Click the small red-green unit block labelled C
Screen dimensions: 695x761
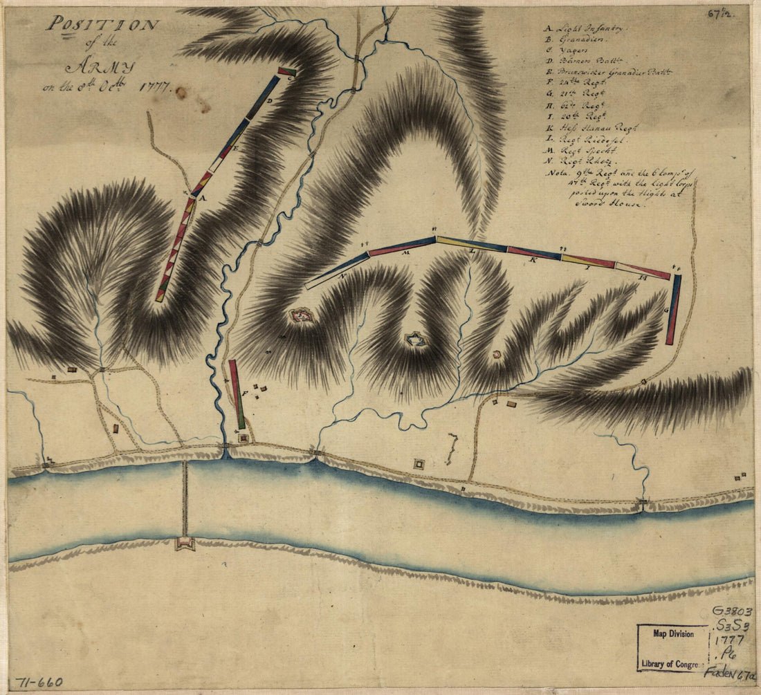(x=287, y=71)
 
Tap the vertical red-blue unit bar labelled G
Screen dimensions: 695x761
(x=673, y=309)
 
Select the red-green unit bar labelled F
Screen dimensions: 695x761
(x=237, y=394)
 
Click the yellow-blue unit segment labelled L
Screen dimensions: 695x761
(x=472, y=244)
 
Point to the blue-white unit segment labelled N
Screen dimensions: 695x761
(x=337, y=270)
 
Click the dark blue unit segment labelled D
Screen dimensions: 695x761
(x=264, y=97)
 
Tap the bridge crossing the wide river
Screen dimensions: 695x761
(x=185, y=498)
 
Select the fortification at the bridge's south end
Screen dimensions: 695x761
(x=185, y=544)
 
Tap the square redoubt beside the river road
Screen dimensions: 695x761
(x=419, y=464)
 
